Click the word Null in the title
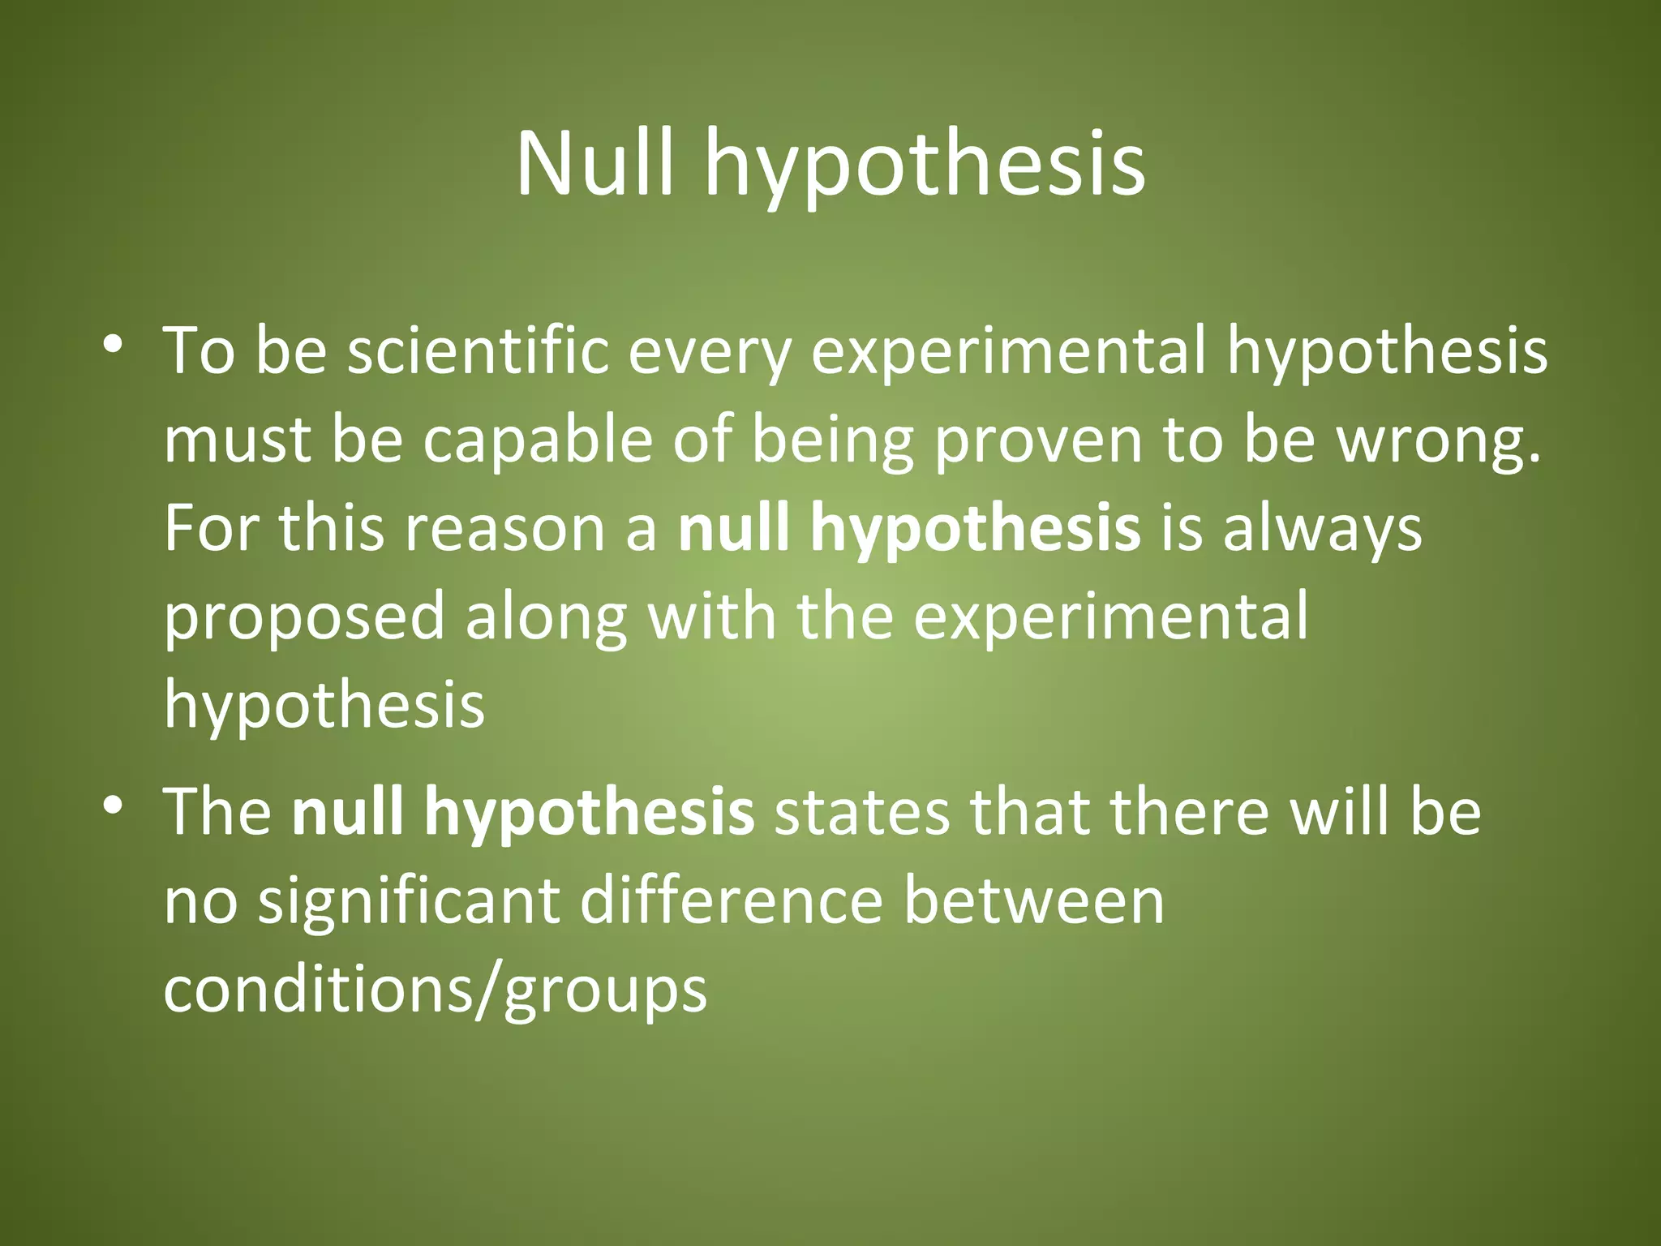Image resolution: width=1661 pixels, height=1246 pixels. (594, 165)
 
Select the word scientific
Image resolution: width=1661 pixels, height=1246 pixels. (478, 351)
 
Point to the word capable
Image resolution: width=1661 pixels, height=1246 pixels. (537, 440)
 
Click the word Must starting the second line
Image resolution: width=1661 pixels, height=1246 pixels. (237, 440)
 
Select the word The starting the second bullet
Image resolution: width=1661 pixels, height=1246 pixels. (217, 812)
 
